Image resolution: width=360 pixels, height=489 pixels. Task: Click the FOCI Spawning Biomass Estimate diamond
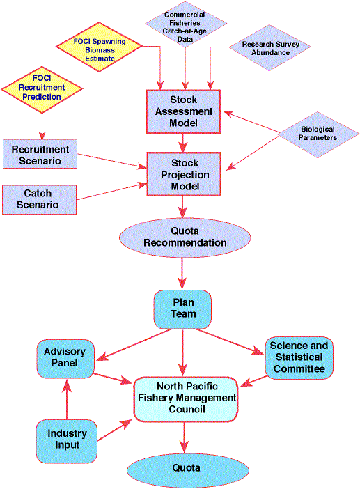tap(99, 47)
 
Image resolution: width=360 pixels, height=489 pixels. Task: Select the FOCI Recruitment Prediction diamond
tap(42, 89)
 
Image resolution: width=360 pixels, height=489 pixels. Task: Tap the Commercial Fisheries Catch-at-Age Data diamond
tap(185, 24)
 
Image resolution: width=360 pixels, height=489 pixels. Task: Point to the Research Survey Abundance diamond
tap(270, 47)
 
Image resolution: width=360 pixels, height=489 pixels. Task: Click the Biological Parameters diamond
tap(318, 134)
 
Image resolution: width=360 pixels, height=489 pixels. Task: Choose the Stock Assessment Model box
tap(183, 111)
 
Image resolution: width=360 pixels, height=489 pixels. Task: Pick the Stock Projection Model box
tap(184, 174)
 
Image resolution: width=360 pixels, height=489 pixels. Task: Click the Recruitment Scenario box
tap(40, 154)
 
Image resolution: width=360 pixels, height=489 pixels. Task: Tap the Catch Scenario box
tap(39, 200)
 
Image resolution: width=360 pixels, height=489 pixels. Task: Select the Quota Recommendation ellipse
tap(185, 238)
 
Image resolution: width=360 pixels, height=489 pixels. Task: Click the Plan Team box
tap(182, 309)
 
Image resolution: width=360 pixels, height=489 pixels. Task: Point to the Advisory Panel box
tap(65, 359)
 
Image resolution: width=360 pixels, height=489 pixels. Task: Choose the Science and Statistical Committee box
tap(299, 358)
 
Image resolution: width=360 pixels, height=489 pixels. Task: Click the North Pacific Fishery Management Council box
tap(186, 399)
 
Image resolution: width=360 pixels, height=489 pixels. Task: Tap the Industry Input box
tap(67, 441)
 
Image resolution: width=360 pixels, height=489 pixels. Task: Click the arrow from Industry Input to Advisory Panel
tap(67, 399)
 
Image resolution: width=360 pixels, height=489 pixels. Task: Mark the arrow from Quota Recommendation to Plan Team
tap(182, 274)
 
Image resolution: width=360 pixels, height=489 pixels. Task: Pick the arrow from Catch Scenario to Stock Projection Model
tap(112, 192)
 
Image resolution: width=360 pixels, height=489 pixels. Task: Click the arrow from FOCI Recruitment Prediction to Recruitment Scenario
tap(42, 126)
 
